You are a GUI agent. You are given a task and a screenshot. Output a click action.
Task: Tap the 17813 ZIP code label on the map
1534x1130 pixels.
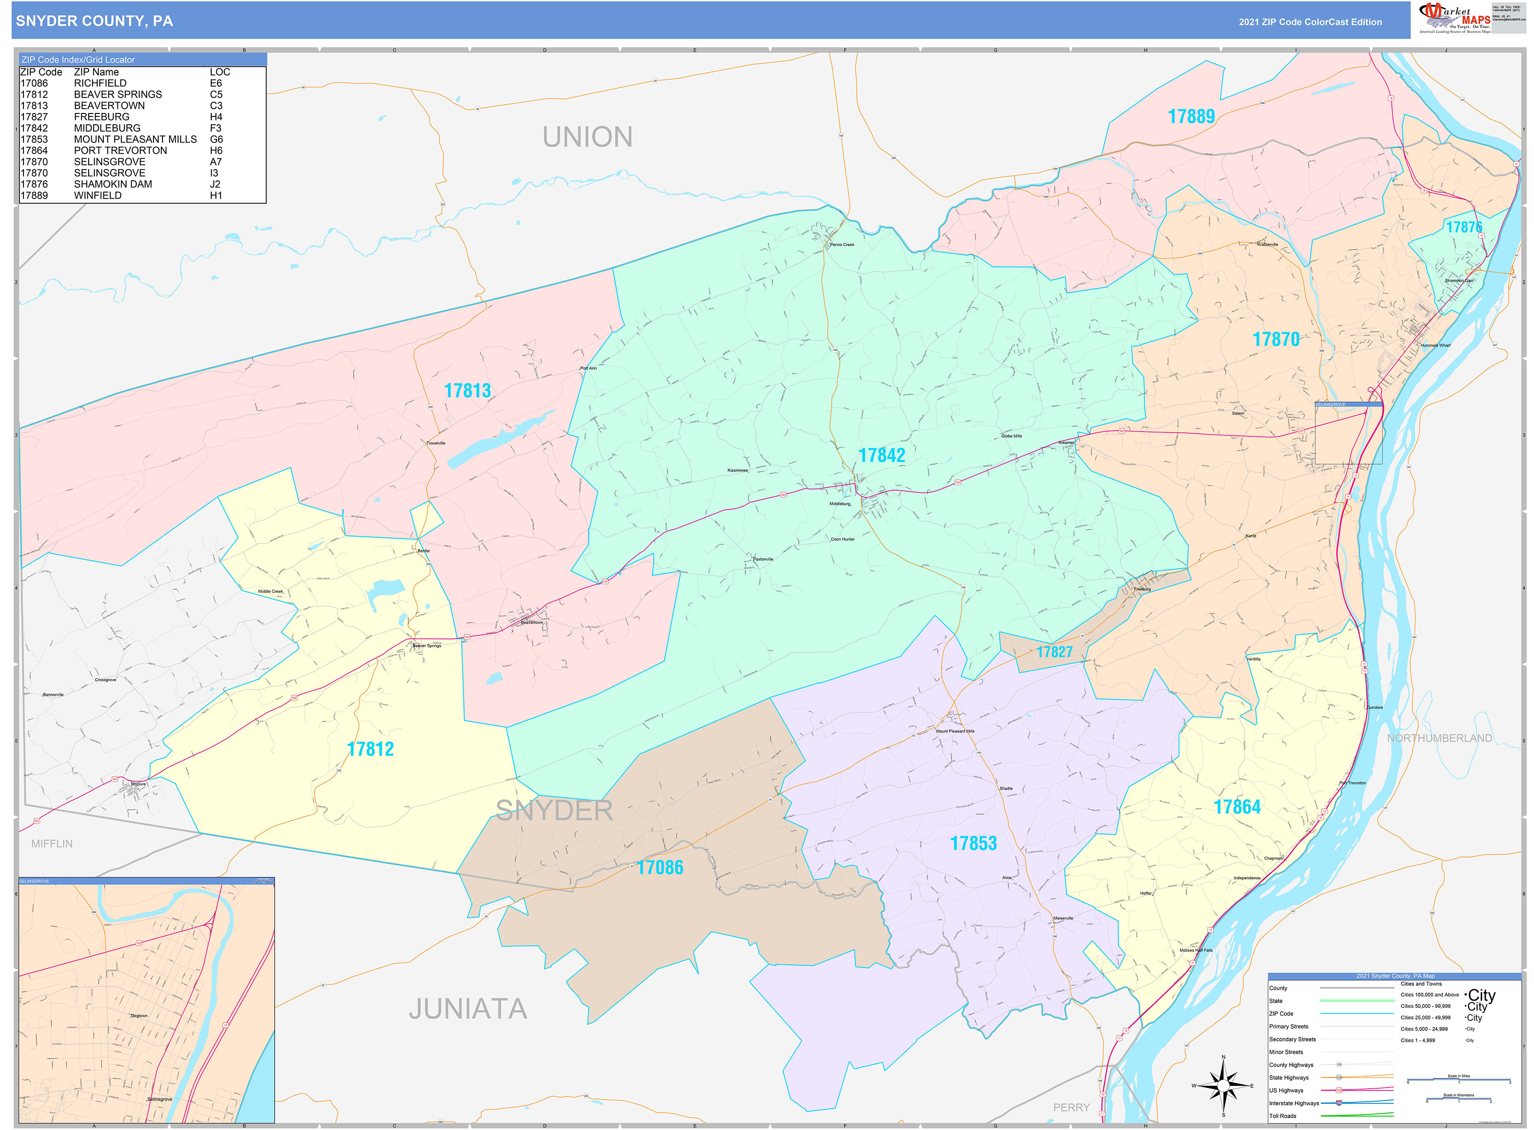coord(467,391)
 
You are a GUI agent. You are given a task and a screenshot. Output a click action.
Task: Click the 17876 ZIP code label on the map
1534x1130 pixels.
coord(1464,227)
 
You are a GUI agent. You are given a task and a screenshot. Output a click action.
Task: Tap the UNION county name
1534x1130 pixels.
coord(587,137)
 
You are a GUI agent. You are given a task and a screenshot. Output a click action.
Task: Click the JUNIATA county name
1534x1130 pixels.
coord(468,1009)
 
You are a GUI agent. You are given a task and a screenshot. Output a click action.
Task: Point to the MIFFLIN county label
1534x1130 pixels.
coord(52,844)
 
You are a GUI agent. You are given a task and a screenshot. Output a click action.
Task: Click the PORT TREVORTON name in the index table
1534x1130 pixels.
coord(120,150)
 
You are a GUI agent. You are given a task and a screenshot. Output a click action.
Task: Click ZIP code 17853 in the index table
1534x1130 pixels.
coord(34,140)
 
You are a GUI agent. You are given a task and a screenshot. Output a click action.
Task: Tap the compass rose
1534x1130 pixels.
coord(1223,1086)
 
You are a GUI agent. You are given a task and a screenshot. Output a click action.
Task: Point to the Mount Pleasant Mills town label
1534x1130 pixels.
coord(955,731)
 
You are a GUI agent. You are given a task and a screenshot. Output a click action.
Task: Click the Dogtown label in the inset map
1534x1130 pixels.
coord(139,1016)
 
